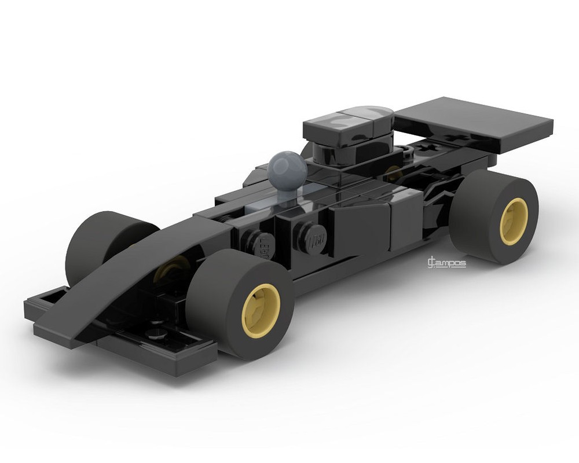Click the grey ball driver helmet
288,168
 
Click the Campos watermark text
446,264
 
